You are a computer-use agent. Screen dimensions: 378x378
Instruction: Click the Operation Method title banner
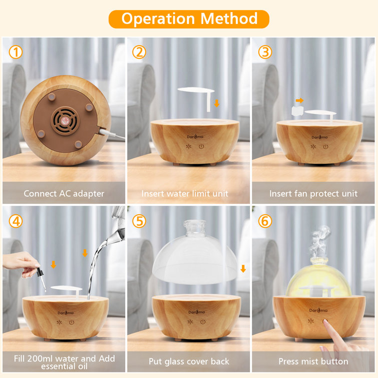click(189, 19)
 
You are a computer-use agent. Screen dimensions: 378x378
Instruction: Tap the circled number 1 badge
click(16, 52)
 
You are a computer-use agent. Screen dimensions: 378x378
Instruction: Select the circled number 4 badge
click(16, 220)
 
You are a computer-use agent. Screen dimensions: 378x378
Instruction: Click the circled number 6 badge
click(265, 220)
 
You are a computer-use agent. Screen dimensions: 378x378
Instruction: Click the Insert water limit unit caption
click(189, 193)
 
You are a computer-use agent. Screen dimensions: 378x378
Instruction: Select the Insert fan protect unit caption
click(313, 193)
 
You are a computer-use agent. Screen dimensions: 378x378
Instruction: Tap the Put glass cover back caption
click(189, 361)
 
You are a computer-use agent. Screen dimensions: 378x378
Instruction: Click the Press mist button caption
click(313, 361)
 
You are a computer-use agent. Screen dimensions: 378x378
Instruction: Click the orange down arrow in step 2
click(216, 104)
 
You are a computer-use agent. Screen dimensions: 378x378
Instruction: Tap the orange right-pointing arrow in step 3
click(299, 100)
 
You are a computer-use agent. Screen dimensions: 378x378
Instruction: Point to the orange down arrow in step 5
click(243, 269)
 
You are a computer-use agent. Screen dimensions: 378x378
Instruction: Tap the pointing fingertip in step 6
click(326, 324)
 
